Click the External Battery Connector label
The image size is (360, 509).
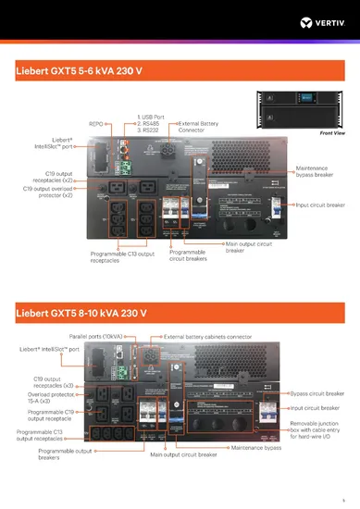(197, 126)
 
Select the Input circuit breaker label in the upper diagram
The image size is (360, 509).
(320, 205)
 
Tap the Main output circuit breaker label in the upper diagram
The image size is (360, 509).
(249, 247)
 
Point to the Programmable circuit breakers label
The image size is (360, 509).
(191, 254)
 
